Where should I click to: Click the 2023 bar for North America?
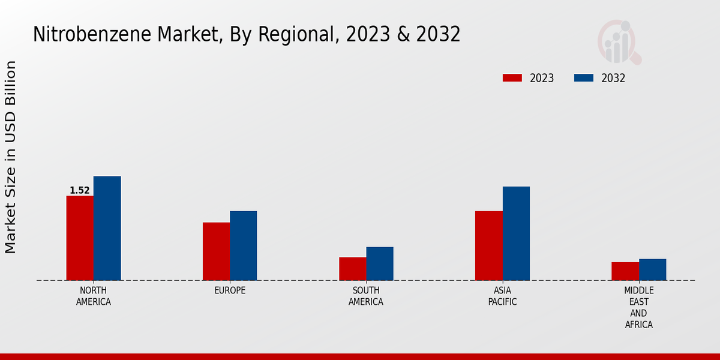(x=80, y=238)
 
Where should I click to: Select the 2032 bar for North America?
(x=107, y=228)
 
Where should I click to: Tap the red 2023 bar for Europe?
(x=216, y=251)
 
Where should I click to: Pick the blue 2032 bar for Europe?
(x=243, y=245)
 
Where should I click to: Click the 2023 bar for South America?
(x=352, y=268)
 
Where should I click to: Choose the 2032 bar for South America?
(x=380, y=263)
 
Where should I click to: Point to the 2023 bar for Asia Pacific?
(x=488, y=245)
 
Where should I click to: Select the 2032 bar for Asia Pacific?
(x=516, y=233)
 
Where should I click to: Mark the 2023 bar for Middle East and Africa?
(x=625, y=271)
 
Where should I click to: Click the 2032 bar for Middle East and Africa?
(x=652, y=269)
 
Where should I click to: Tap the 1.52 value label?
(x=80, y=191)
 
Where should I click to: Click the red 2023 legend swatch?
(x=512, y=78)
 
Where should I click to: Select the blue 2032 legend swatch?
(x=584, y=78)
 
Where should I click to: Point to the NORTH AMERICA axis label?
(x=94, y=296)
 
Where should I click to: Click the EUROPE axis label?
(x=230, y=290)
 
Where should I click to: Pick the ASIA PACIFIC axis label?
(x=502, y=296)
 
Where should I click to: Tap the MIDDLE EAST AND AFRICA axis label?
(x=638, y=307)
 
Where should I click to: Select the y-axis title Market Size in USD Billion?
(x=11, y=157)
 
